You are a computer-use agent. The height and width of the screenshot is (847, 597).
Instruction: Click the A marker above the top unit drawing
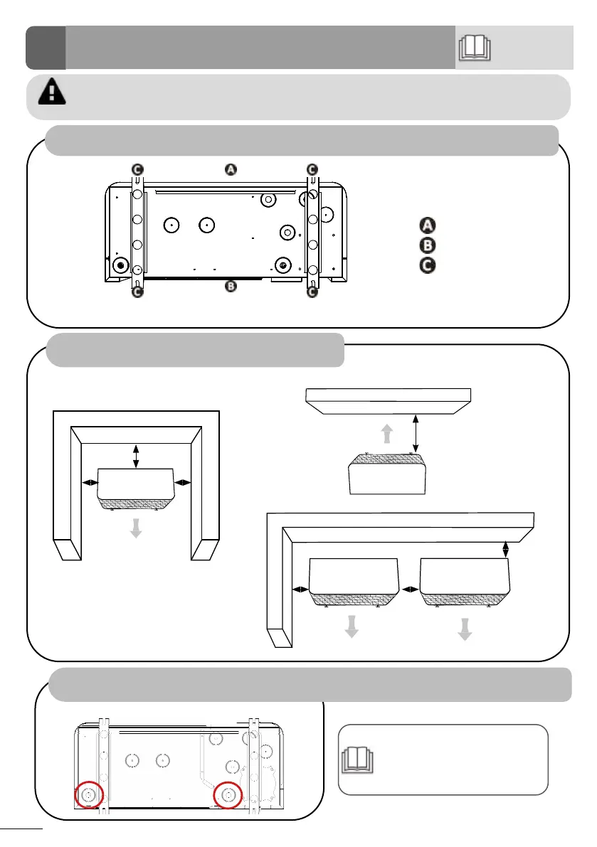[231, 169]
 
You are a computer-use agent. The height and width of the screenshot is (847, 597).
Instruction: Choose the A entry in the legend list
[426, 225]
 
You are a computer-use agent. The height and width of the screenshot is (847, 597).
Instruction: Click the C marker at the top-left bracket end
[137, 169]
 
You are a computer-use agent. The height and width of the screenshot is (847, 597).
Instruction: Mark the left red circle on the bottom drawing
[90, 794]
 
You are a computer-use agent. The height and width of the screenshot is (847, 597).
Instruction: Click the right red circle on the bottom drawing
[228, 794]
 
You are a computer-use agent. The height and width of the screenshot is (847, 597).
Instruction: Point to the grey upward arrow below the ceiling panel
[386, 434]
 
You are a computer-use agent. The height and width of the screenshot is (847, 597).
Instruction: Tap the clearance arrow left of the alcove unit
[90, 483]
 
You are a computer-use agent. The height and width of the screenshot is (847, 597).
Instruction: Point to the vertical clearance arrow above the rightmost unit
[505, 549]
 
